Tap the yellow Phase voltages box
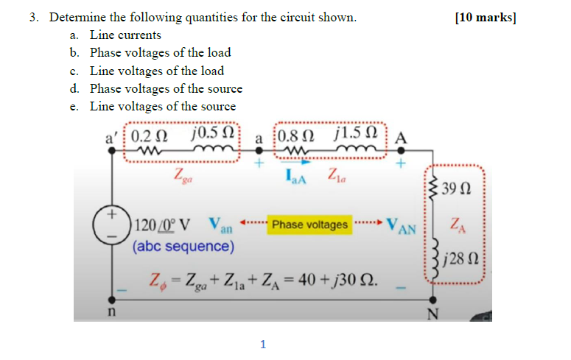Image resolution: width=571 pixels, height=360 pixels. tap(309, 225)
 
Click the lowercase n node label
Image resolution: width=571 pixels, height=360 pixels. tap(111, 312)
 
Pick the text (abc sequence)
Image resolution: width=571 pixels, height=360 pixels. tap(183, 246)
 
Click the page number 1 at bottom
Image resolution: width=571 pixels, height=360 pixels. tap(262, 343)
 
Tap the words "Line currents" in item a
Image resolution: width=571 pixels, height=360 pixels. tap(125, 35)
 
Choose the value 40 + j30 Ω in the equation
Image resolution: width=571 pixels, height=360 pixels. tap(343, 280)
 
